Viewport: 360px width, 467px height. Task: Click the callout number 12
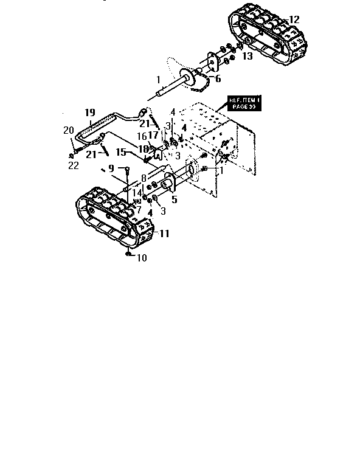[294, 20]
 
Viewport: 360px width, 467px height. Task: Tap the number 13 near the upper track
[247, 57]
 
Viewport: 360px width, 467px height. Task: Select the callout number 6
[218, 79]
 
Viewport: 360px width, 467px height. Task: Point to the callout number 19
[90, 112]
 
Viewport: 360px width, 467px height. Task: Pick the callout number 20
[68, 130]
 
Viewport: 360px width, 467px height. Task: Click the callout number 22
[74, 166]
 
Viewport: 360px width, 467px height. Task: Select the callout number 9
[111, 168]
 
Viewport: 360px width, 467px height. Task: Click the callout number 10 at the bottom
[141, 258]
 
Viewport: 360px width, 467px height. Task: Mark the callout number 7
[139, 210]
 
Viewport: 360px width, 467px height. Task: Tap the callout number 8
[144, 178]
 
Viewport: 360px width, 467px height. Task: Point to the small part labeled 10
[128, 253]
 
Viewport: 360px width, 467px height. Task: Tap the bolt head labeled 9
[126, 169]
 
